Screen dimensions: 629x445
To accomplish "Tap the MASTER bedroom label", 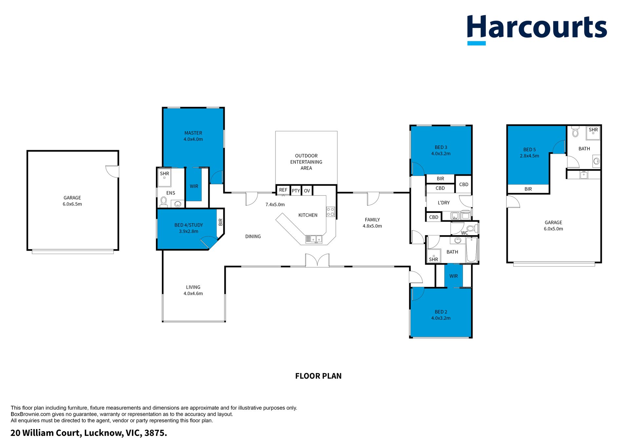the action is click(x=193, y=133).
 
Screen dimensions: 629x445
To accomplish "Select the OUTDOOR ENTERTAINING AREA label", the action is click(x=306, y=162).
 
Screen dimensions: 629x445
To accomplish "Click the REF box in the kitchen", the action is click(x=283, y=190).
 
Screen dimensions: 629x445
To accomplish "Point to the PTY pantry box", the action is click(x=296, y=191).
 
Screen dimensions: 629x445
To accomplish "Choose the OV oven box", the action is click(x=307, y=191).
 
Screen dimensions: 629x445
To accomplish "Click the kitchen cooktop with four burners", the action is click(x=331, y=212).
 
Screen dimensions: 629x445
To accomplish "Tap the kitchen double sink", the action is click(x=314, y=239).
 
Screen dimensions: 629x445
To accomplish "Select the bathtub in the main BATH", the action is click(x=471, y=250).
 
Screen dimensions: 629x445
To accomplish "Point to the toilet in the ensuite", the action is click(x=163, y=202).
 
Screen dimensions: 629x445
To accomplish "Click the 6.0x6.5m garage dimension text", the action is click(x=72, y=204).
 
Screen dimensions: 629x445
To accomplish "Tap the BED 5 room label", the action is click(x=529, y=149).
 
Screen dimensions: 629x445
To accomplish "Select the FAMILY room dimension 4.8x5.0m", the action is click(x=372, y=226).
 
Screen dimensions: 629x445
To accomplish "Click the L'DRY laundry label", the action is click(x=444, y=203).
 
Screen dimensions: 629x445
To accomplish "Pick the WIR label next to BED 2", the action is click(x=454, y=276).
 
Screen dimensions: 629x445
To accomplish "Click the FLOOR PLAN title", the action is click(x=318, y=376).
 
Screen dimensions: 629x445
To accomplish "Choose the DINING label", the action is click(x=253, y=236).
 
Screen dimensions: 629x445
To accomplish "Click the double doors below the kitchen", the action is click(x=317, y=260).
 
